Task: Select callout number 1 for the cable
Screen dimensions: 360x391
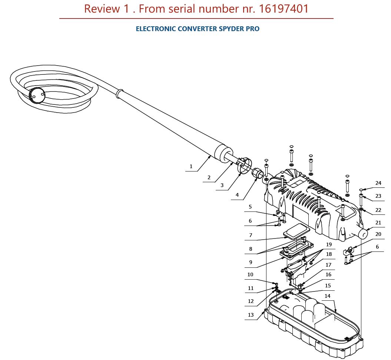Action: click(x=191, y=167)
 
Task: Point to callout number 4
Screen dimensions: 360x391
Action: click(x=237, y=195)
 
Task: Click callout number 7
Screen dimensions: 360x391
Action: click(x=251, y=236)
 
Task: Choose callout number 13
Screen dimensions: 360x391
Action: click(x=251, y=315)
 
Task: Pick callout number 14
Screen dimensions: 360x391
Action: click(x=328, y=296)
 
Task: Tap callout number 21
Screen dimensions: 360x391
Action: click(x=378, y=223)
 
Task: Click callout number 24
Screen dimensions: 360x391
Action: click(x=378, y=183)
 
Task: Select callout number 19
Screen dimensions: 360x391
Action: click(x=329, y=245)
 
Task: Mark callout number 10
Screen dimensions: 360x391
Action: click(x=251, y=275)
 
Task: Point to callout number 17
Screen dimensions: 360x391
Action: click(x=328, y=265)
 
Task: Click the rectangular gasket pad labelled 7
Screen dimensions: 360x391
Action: click(x=296, y=230)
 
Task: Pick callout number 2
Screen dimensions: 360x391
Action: click(x=209, y=178)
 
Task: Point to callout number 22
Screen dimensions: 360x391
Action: click(x=378, y=210)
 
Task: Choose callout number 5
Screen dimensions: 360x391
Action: click(x=250, y=207)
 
